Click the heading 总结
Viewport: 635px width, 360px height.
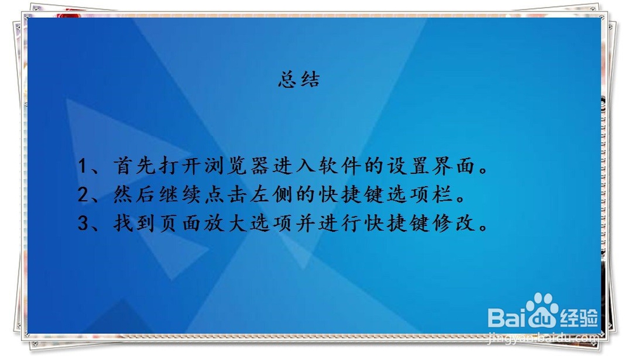tap(299, 79)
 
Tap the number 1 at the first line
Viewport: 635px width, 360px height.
tap(83, 166)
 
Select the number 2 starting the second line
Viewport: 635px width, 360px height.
tap(83, 195)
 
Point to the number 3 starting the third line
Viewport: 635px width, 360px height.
tap(83, 223)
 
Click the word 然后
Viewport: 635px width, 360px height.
tap(133, 194)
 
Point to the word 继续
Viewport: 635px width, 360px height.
tap(180, 194)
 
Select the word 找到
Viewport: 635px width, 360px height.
tap(133, 223)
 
